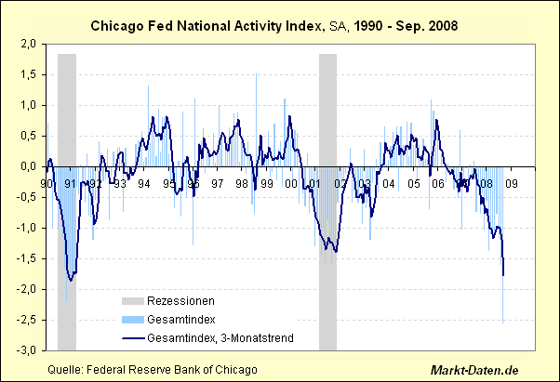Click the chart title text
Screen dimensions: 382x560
280,27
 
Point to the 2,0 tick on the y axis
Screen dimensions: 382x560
28,44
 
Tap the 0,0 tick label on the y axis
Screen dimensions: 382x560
28,166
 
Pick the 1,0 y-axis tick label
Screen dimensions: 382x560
28,105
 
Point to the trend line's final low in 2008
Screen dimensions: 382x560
503,275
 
